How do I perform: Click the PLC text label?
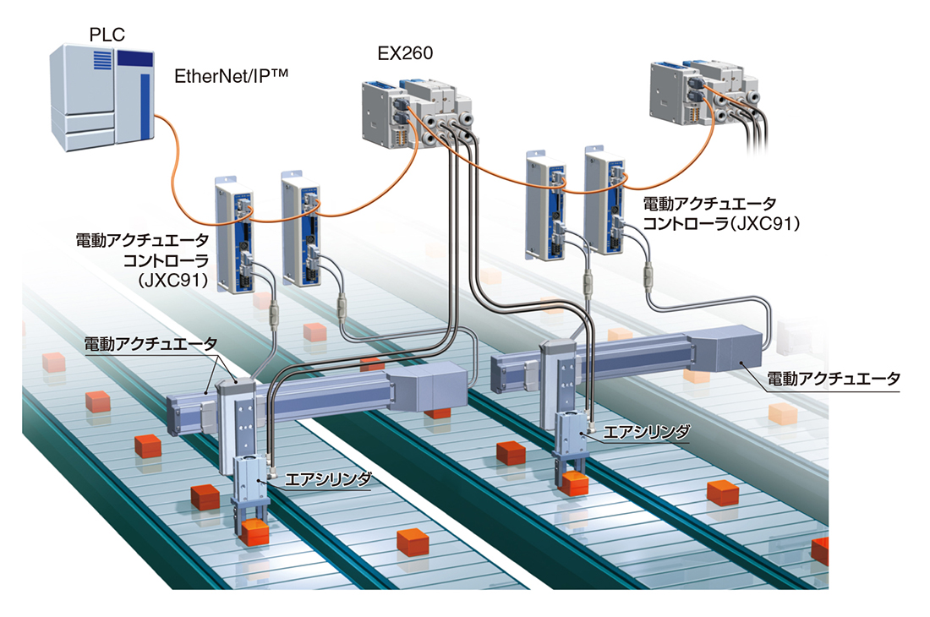[x=107, y=35]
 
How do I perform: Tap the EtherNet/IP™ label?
[x=232, y=76]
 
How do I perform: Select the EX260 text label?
[x=405, y=53]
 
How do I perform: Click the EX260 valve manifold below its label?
[x=415, y=116]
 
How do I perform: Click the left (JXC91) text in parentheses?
[x=172, y=279]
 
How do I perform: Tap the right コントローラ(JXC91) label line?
[x=721, y=223]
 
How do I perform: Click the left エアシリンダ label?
[x=328, y=479]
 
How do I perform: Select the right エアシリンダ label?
[x=647, y=432]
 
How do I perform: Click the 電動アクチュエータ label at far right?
[x=834, y=379]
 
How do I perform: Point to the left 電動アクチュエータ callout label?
[x=150, y=344]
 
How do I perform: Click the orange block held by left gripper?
[x=254, y=532]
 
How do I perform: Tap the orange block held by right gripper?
[x=573, y=483]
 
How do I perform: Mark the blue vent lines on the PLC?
[x=102, y=60]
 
